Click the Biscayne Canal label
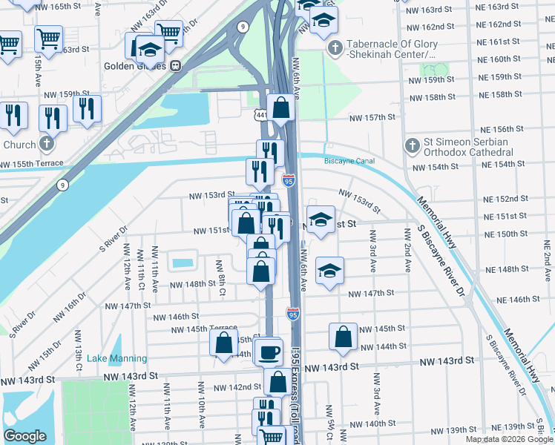349,161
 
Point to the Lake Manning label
116,358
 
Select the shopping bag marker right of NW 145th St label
342,336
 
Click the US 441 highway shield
260,115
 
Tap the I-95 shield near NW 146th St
293,314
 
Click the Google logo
24,436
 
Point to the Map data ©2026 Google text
510,439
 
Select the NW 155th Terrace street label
31,164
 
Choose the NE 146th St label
518,299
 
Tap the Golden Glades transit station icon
176,65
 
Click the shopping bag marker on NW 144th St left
223,343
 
